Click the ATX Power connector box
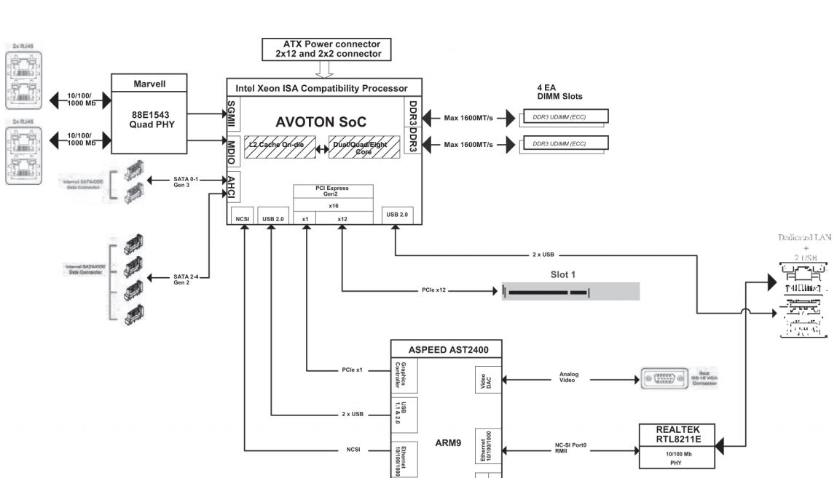pos(326,49)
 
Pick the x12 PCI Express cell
pos(342,218)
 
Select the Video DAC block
pos(487,380)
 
